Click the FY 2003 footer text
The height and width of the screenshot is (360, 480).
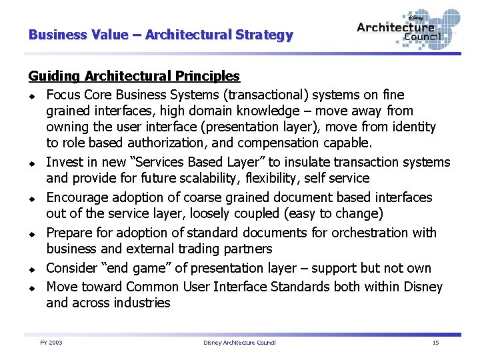[x=51, y=343]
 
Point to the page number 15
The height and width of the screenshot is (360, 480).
[x=435, y=343]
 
